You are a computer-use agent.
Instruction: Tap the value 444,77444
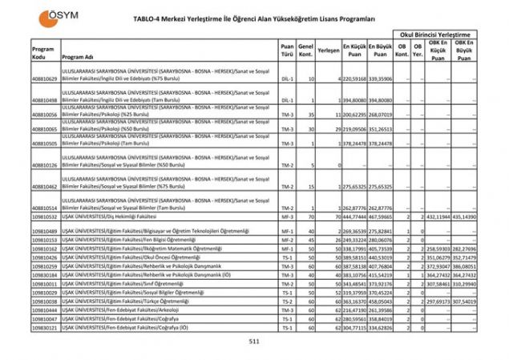point(355,216)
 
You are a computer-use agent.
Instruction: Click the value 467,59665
point(381,216)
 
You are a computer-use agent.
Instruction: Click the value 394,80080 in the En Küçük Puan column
point(355,102)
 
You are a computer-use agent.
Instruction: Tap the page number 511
point(254,342)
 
